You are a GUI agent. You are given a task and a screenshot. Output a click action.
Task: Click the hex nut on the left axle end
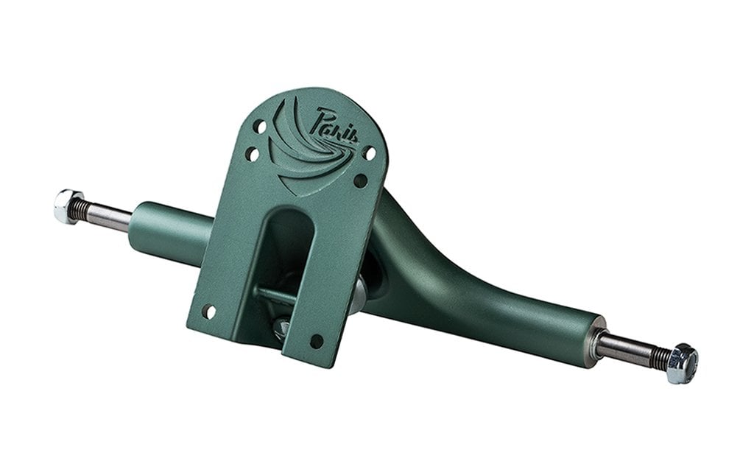tap(67, 206)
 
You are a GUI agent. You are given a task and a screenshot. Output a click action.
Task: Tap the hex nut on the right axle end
tap(682, 363)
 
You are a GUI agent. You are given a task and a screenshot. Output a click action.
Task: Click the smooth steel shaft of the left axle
tap(110, 216)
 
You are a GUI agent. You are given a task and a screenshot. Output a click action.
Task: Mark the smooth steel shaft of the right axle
tap(624, 348)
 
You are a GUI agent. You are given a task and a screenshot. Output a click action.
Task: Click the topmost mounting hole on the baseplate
tap(260, 127)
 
